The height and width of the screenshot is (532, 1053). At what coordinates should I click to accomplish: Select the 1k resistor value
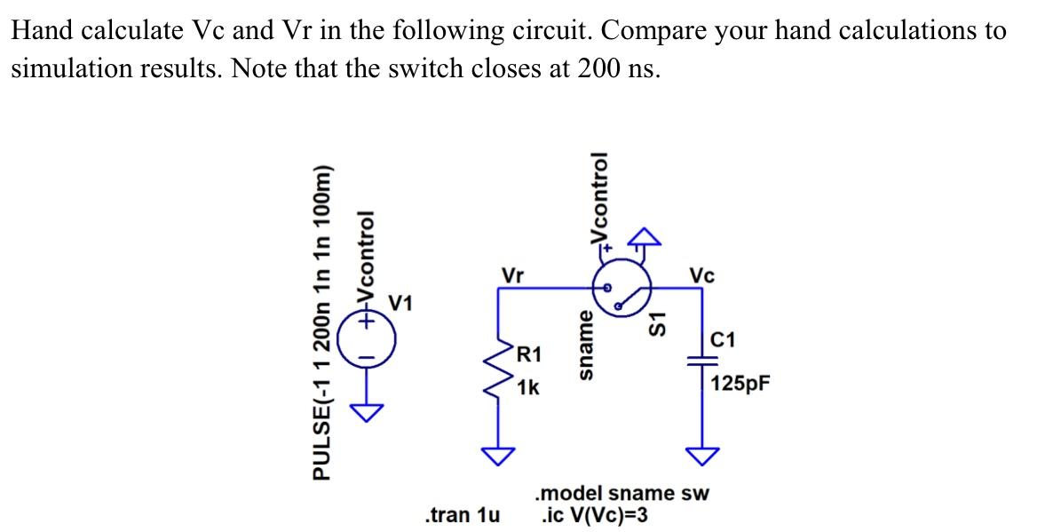[528, 388]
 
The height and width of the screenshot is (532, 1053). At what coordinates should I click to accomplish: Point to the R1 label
[529, 356]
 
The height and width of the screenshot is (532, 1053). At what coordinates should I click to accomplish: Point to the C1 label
[724, 338]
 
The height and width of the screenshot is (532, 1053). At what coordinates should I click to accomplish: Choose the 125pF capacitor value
[740, 384]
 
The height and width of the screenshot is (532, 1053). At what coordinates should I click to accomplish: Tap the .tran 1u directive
[462, 514]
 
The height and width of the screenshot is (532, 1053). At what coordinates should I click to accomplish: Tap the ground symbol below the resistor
[498, 456]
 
